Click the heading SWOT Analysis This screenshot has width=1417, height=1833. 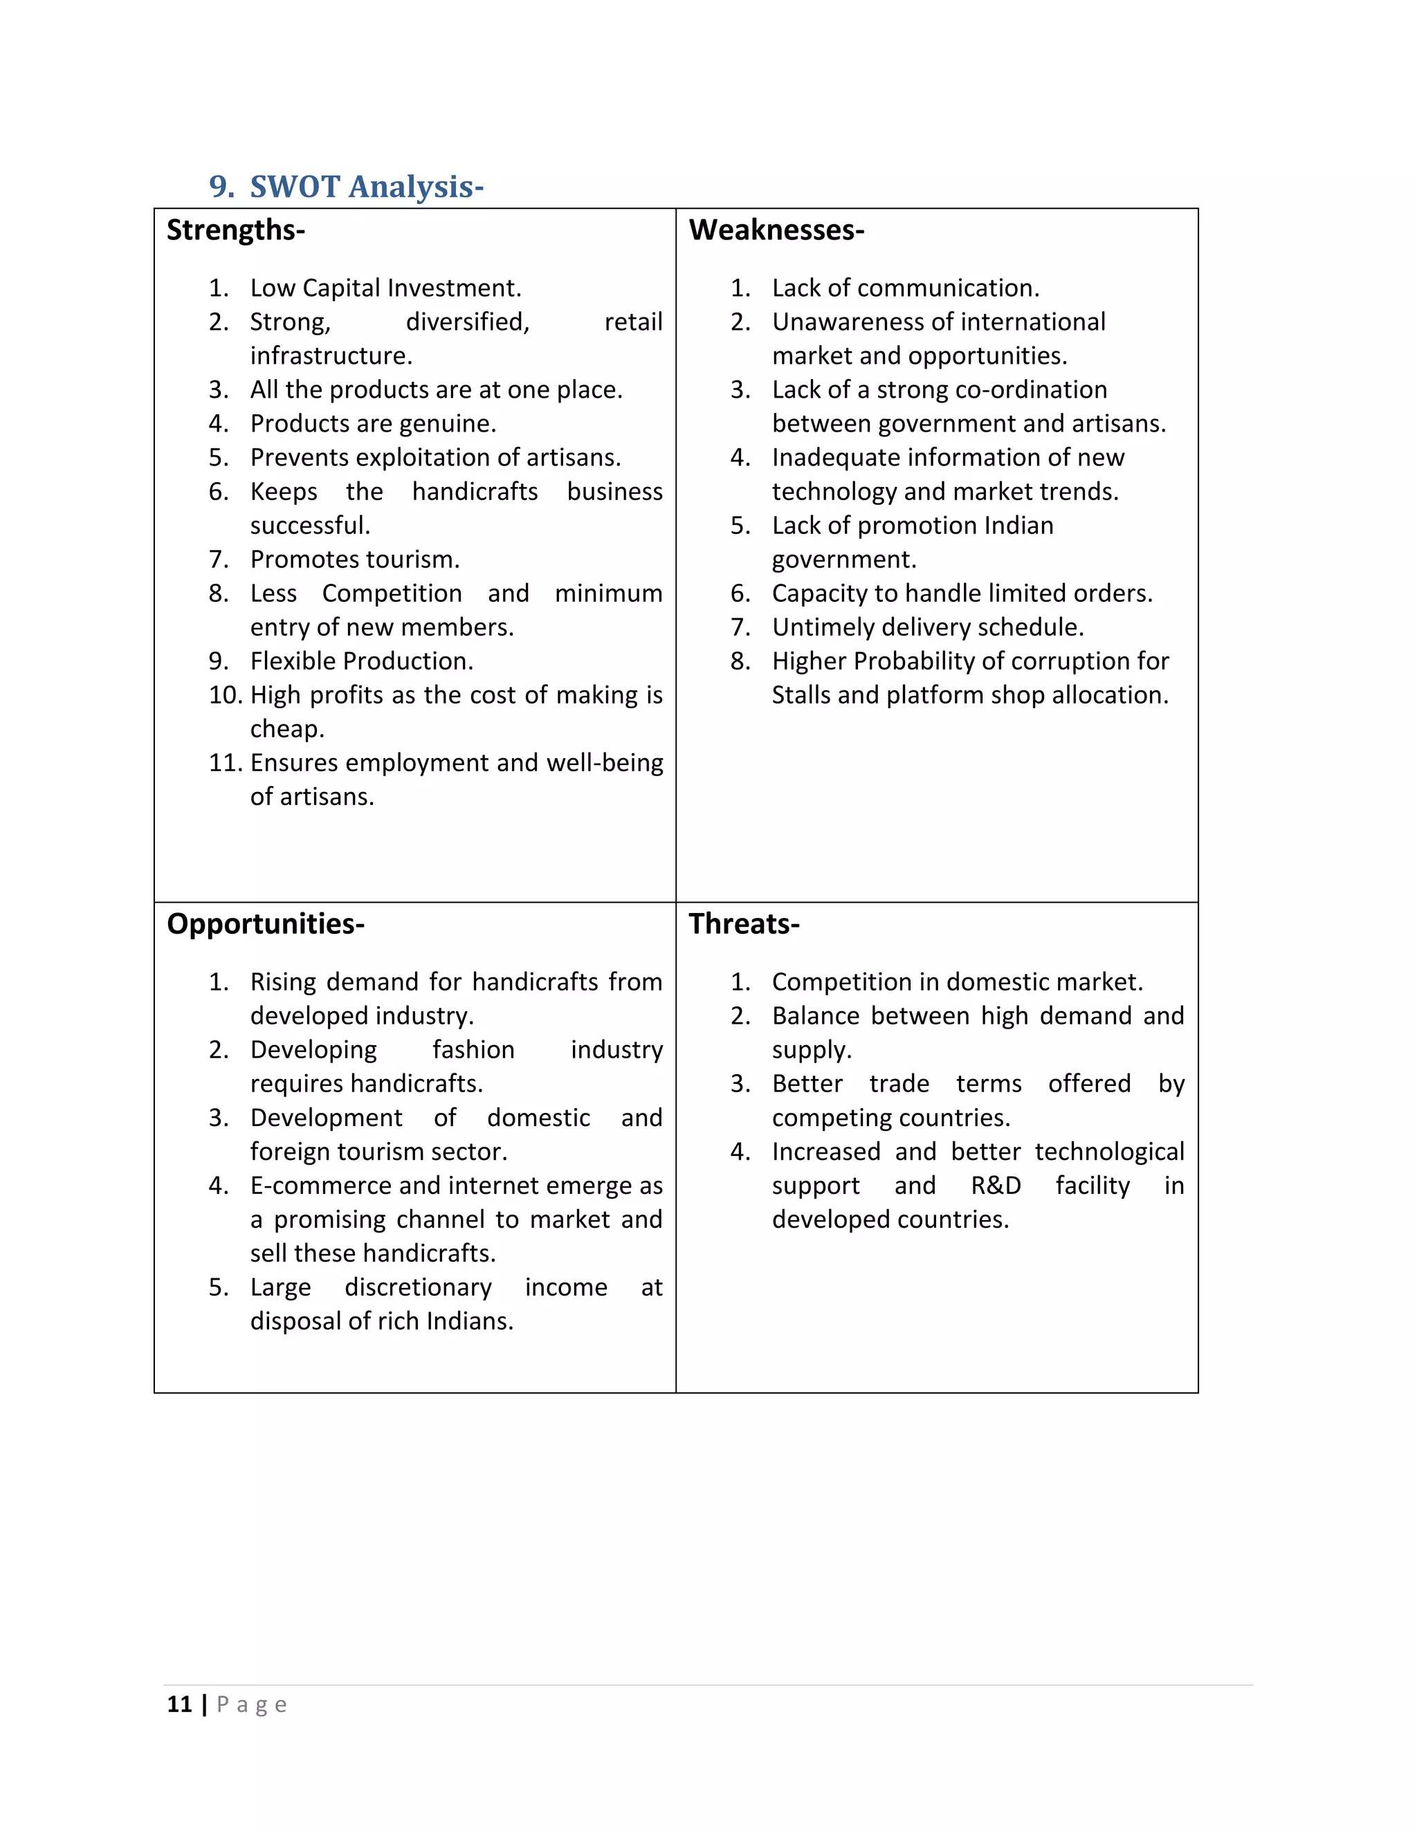coord(366,186)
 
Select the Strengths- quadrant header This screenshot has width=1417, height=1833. coord(236,230)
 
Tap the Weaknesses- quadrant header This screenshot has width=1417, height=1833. coord(776,230)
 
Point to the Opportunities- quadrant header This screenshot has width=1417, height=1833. coord(265,924)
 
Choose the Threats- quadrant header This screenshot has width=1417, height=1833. coord(744,924)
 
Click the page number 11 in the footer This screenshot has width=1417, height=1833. coord(180,1704)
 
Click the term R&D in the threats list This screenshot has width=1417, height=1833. coord(996,1186)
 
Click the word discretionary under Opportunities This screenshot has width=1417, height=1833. coord(418,1287)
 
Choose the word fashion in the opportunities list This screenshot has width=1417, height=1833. coord(473,1050)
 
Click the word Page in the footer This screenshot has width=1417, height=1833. coord(252,1704)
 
